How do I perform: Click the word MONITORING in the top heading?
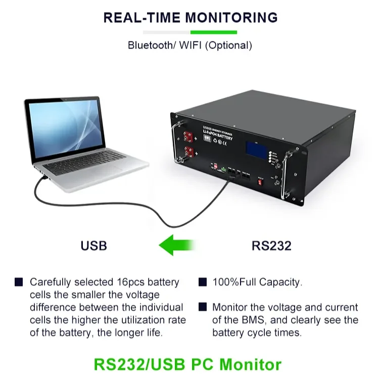pos(231,17)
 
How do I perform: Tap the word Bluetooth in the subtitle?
pos(150,45)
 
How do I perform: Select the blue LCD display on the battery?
pos(257,148)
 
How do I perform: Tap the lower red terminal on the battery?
pos(191,151)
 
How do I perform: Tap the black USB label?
pos(94,246)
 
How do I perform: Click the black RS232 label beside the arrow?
pos(271,246)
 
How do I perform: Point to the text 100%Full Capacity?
pos(257,282)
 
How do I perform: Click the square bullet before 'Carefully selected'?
pos(19,282)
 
